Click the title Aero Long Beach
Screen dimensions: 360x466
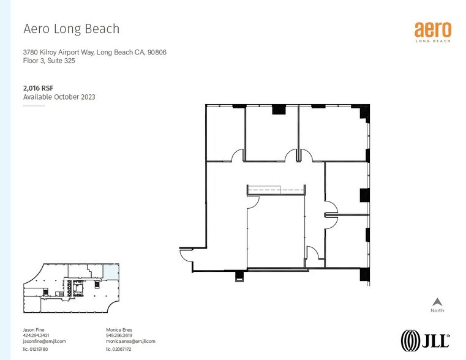tap(71, 29)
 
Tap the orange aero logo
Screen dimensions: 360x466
tap(433, 31)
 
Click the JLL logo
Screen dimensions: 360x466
tap(425, 340)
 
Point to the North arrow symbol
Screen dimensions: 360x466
tap(437, 302)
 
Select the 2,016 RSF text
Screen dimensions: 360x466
tap(36, 88)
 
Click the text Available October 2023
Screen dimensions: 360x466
tap(59, 97)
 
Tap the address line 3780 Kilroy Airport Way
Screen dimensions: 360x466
tap(94, 53)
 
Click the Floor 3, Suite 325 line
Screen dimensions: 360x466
tap(49, 61)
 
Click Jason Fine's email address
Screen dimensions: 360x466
tap(44, 341)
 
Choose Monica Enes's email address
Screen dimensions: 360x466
tap(130, 341)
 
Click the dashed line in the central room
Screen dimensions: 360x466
tap(277, 190)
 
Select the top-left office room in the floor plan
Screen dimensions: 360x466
tap(225, 132)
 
